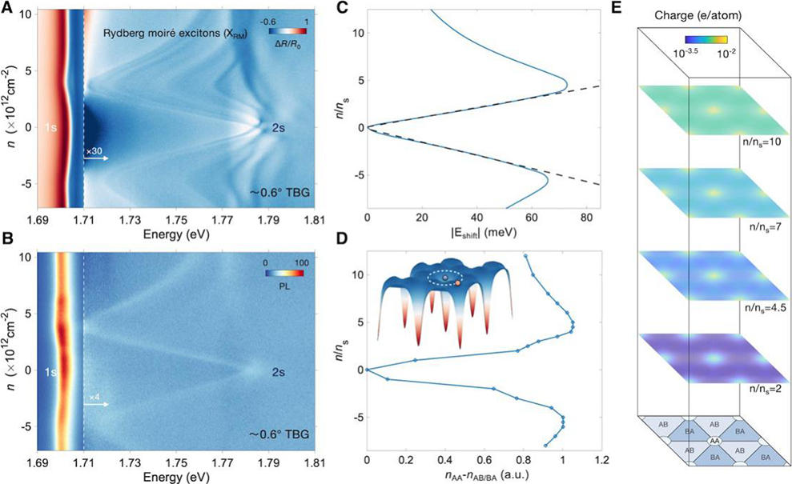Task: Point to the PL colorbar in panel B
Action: (286, 272)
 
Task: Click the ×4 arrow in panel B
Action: (97, 404)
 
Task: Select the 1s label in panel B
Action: (46, 372)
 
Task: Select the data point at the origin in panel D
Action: (368, 370)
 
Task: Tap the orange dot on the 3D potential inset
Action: (457, 283)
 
